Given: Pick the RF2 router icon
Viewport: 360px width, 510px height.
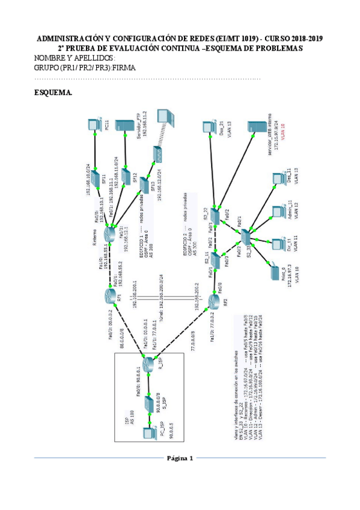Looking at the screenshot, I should [x=215, y=300].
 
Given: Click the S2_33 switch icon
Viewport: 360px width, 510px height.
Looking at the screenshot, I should [x=248, y=236].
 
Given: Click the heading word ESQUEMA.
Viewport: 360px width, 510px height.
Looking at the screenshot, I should [x=55, y=93].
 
